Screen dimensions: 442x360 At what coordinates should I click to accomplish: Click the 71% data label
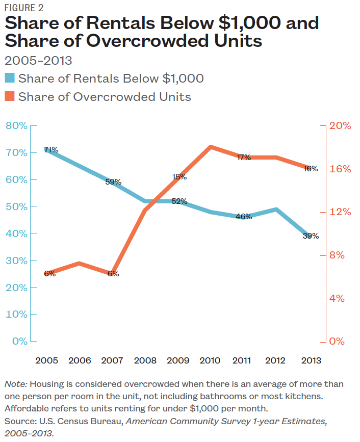(51, 150)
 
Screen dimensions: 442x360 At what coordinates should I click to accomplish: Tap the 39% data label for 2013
(311, 236)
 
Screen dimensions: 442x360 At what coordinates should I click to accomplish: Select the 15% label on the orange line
(179, 177)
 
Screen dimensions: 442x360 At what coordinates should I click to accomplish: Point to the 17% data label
(244, 158)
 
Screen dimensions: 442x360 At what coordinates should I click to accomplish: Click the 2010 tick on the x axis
(210, 360)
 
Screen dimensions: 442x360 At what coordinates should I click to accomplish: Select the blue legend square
(9, 79)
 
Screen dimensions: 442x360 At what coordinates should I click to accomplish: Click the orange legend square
(9, 96)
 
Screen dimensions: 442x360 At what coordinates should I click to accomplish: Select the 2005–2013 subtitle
(38, 61)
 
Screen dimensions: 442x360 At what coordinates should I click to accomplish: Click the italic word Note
(14, 384)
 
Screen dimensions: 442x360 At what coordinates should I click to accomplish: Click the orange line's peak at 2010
(210, 147)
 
